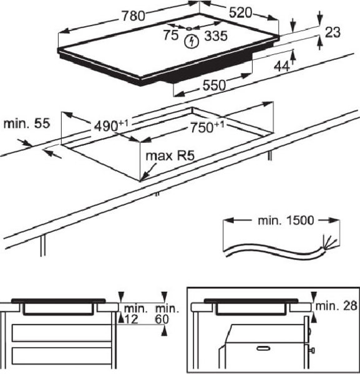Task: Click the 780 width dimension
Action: click(134, 16)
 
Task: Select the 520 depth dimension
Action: click(240, 12)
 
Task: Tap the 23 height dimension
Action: click(333, 32)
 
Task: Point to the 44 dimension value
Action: click(281, 66)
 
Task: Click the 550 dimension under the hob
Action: click(214, 85)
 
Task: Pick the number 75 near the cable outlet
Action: click(171, 35)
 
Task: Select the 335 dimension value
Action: click(216, 36)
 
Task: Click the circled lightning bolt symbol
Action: click(192, 42)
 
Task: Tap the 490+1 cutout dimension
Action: click(111, 125)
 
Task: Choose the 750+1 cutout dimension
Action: click(207, 127)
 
